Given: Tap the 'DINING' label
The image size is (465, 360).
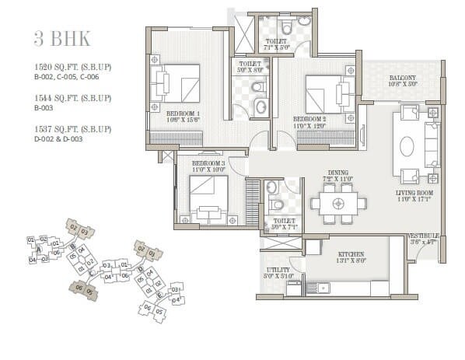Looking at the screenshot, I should [338, 173].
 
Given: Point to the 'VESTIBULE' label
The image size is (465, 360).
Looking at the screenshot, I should [425, 235].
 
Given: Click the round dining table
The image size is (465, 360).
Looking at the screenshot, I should [338, 204].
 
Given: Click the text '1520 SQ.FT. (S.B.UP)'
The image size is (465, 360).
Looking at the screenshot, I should [72, 67].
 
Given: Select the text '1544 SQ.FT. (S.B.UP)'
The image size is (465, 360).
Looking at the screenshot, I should [72, 98].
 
